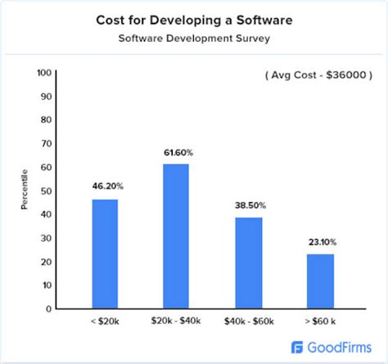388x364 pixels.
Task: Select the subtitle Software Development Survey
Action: (194, 38)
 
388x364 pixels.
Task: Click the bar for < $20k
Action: (105, 254)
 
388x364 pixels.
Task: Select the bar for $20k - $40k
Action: (176, 236)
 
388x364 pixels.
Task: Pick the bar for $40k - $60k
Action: (248, 263)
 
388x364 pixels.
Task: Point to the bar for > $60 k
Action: (320, 281)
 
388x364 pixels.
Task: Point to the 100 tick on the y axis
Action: (46, 74)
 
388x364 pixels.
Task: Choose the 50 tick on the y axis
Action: (48, 191)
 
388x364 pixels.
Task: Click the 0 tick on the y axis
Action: (51, 309)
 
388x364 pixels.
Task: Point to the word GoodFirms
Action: (338, 347)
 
